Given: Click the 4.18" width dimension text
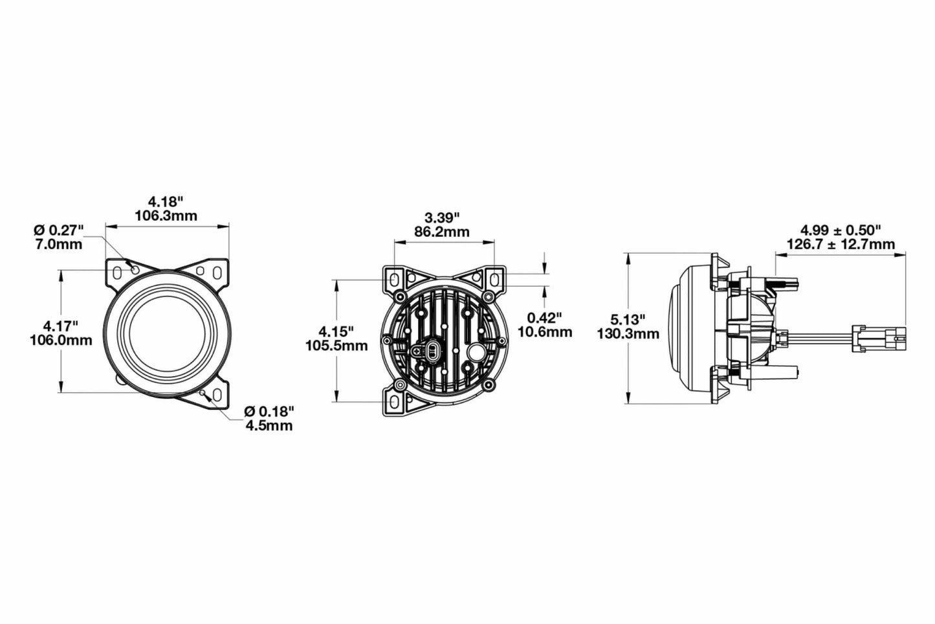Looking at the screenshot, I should click(166, 201).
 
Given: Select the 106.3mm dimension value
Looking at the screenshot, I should click(166, 216).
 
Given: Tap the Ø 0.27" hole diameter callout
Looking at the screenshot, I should click(60, 230).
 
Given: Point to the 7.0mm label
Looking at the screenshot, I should click(60, 244).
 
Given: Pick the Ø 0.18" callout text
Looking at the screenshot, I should click(269, 411).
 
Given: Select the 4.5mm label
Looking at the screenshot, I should click(269, 425).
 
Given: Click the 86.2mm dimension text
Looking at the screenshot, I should click(443, 231).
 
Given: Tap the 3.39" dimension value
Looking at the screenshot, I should click(443, 216).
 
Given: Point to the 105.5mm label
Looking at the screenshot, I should click(336, 346).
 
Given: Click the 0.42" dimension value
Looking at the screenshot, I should click(545, 317).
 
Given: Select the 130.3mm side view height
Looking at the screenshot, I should click(629, 334).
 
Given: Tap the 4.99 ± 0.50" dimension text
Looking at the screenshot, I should click(841, 230).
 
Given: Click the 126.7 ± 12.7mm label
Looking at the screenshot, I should click(841, 244).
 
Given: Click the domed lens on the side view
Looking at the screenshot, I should click(677, 330).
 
